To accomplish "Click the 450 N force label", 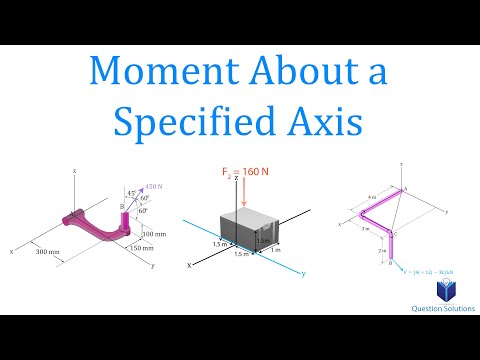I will click(x=153, y=185).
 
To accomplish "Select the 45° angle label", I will click(x=128, y=193).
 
